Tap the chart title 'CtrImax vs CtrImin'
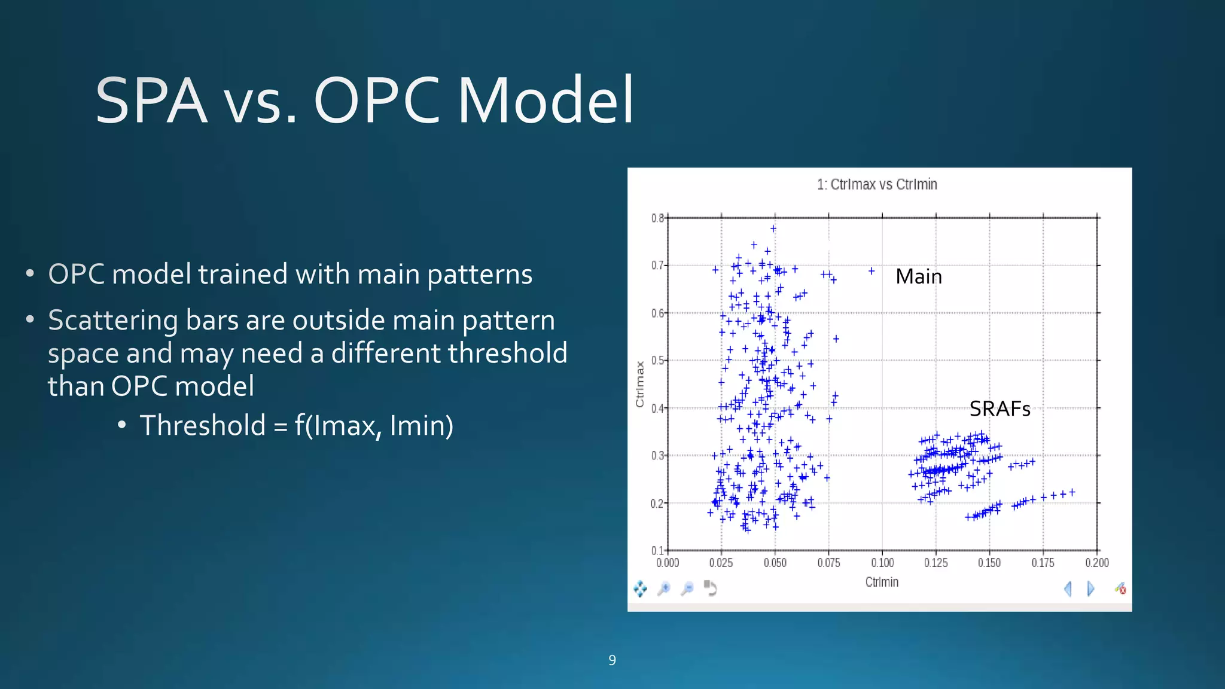[x=877, y=184]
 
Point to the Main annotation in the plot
[x=918, y=276]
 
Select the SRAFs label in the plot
[x=999, y=409]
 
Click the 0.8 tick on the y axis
[x=657, y=218]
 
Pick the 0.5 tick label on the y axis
[x=657, y=361]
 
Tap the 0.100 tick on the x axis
[x=882, y=563]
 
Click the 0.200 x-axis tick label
[x=1096, y=563]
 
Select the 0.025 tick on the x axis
[x=721, y=563]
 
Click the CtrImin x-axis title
[x=882, y=582]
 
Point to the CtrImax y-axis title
[x=640, y=384]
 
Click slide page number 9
[x=612, y=660]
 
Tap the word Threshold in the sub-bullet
[x=202, y=425]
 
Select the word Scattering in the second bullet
[x=112, y=320]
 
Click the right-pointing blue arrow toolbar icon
[x=1090, y=589]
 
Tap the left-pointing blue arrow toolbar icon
[x=1068, y=589]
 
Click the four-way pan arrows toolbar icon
[x=640, y=589]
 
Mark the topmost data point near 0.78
[x=773, y=228]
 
